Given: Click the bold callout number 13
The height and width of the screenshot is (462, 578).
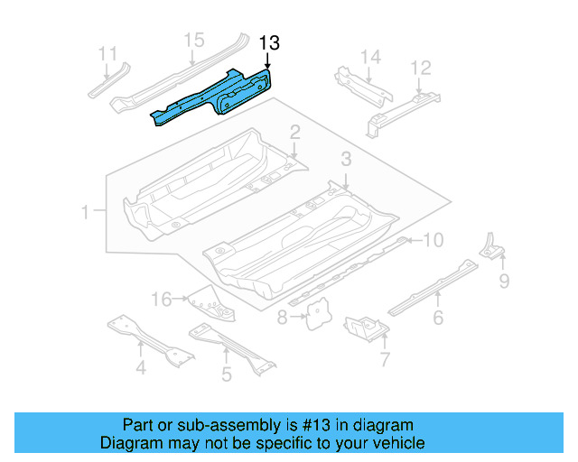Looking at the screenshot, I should click(x=269, y=42).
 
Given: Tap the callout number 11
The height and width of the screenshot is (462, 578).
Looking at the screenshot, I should click(x=107, y=52).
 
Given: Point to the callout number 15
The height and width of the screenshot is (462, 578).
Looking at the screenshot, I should click(x=194, y=40).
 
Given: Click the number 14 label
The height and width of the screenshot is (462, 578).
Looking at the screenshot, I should click(x=371, y=58).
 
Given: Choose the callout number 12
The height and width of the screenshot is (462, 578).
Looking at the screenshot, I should click(x=421, y=68).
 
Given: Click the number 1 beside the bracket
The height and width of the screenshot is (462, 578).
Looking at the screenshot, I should click(x=86, y=213).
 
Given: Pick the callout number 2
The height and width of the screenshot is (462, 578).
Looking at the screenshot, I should click(x=294, y=134).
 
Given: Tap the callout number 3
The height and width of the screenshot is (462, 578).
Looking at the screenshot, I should click(x=345, y=161).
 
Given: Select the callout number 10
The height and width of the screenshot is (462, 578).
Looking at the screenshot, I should click(x=433, y=240).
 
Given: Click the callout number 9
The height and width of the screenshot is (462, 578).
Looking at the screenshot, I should click(x=504, y=282).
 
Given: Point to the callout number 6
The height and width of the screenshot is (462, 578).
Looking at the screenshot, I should click(x=438, y=317).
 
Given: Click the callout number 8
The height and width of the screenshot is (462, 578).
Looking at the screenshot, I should click(x=282, y=317).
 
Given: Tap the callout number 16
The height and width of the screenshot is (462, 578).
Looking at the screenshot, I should click(x=160, y=299).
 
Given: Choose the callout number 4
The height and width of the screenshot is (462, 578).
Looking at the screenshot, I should click(x=140, y=367).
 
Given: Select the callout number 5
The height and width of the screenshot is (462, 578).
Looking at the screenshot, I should click(x=226, y=373).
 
